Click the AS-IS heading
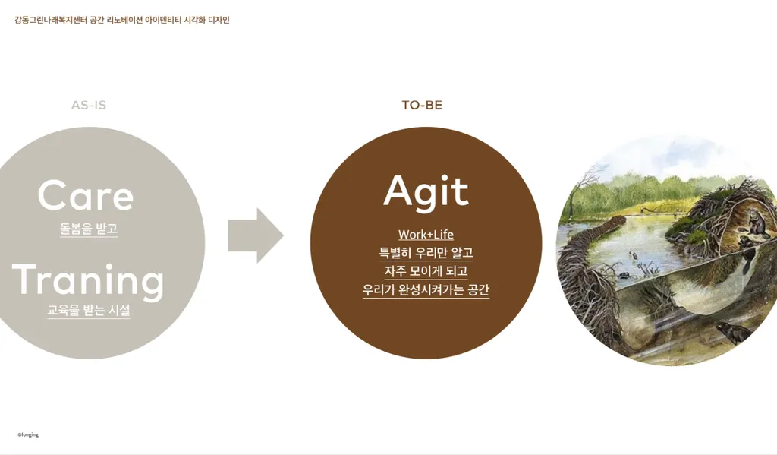pos(89,105)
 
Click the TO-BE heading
pos(422,105)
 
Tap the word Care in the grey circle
pos(86,195)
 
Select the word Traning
pos(88,281)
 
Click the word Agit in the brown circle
pos(426,192)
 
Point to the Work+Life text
pos(426,235)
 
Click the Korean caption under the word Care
pos(89,229)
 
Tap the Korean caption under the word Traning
pos(89,310)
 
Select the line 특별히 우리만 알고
pos(426,253)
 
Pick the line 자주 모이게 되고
pos(426,271)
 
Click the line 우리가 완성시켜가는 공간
pos(426,289)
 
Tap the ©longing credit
pos(28,434)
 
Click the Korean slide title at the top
pos(122,21)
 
